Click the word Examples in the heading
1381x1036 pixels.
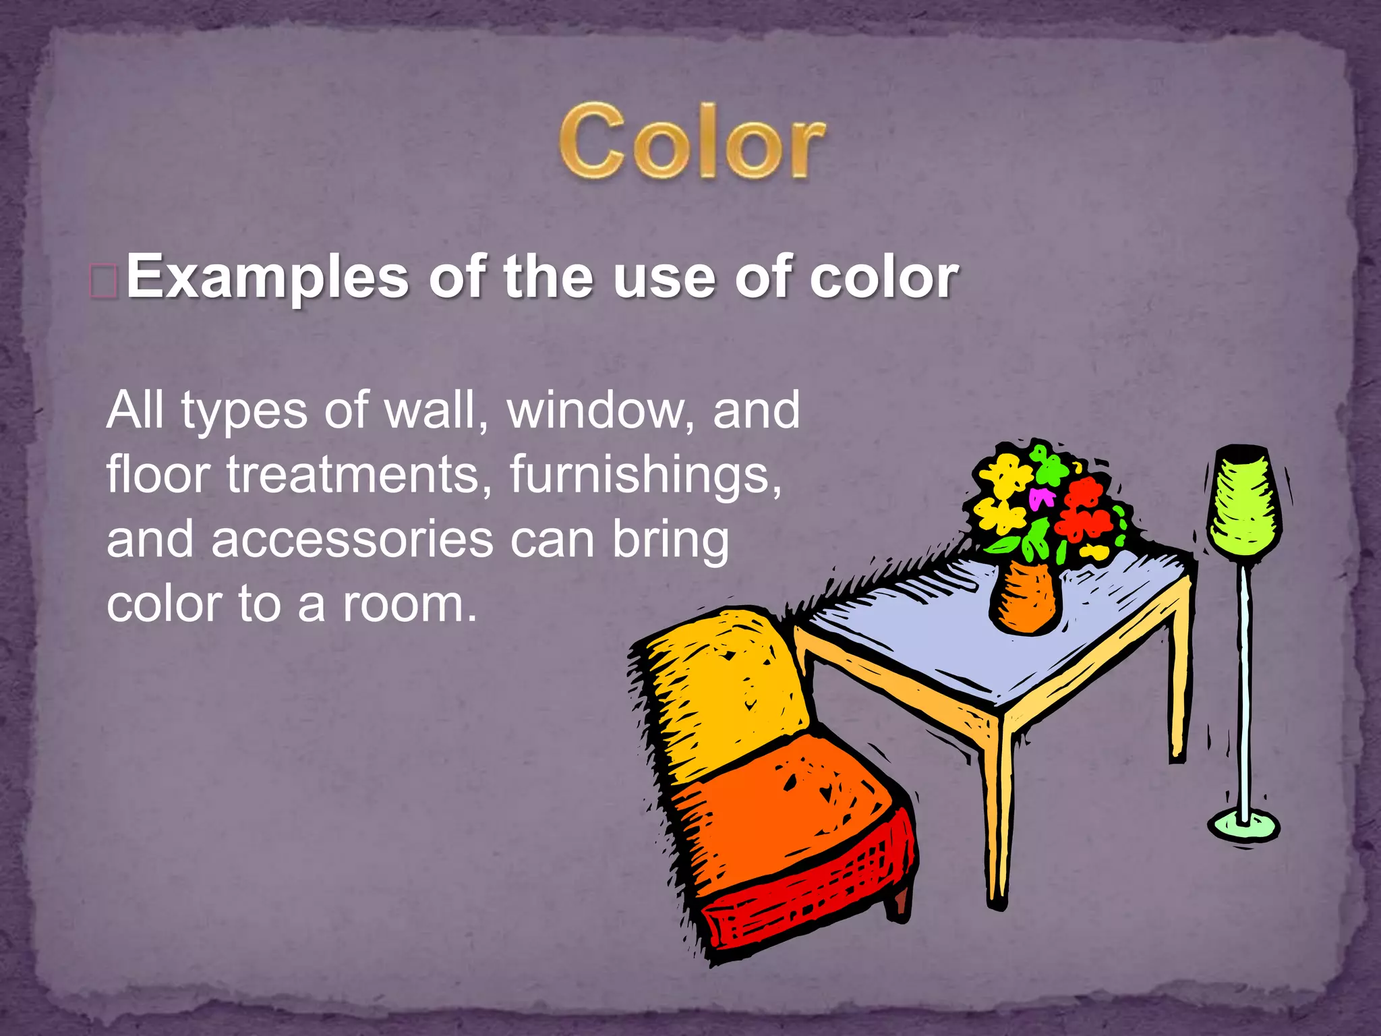[x=267, y=278]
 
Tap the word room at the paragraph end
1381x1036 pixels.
[x=403, y=604]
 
